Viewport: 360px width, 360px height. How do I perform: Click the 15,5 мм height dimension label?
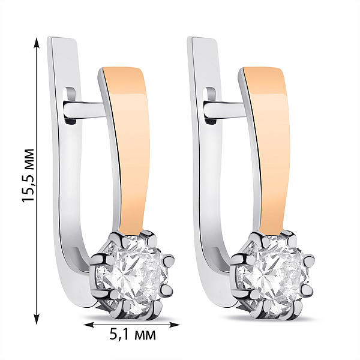point(28,176)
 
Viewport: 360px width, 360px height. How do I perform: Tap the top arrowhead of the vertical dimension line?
point(37,43)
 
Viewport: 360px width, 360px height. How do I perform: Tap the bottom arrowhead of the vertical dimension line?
point(37,318)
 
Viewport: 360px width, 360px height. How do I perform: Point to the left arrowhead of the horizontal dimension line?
point(88,325)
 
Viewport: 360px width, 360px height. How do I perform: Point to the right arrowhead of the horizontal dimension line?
point(174,325)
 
